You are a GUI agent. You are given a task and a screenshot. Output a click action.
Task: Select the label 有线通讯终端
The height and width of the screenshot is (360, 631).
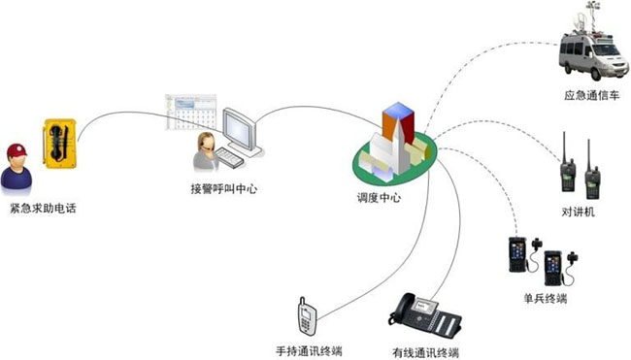point(425,350)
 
